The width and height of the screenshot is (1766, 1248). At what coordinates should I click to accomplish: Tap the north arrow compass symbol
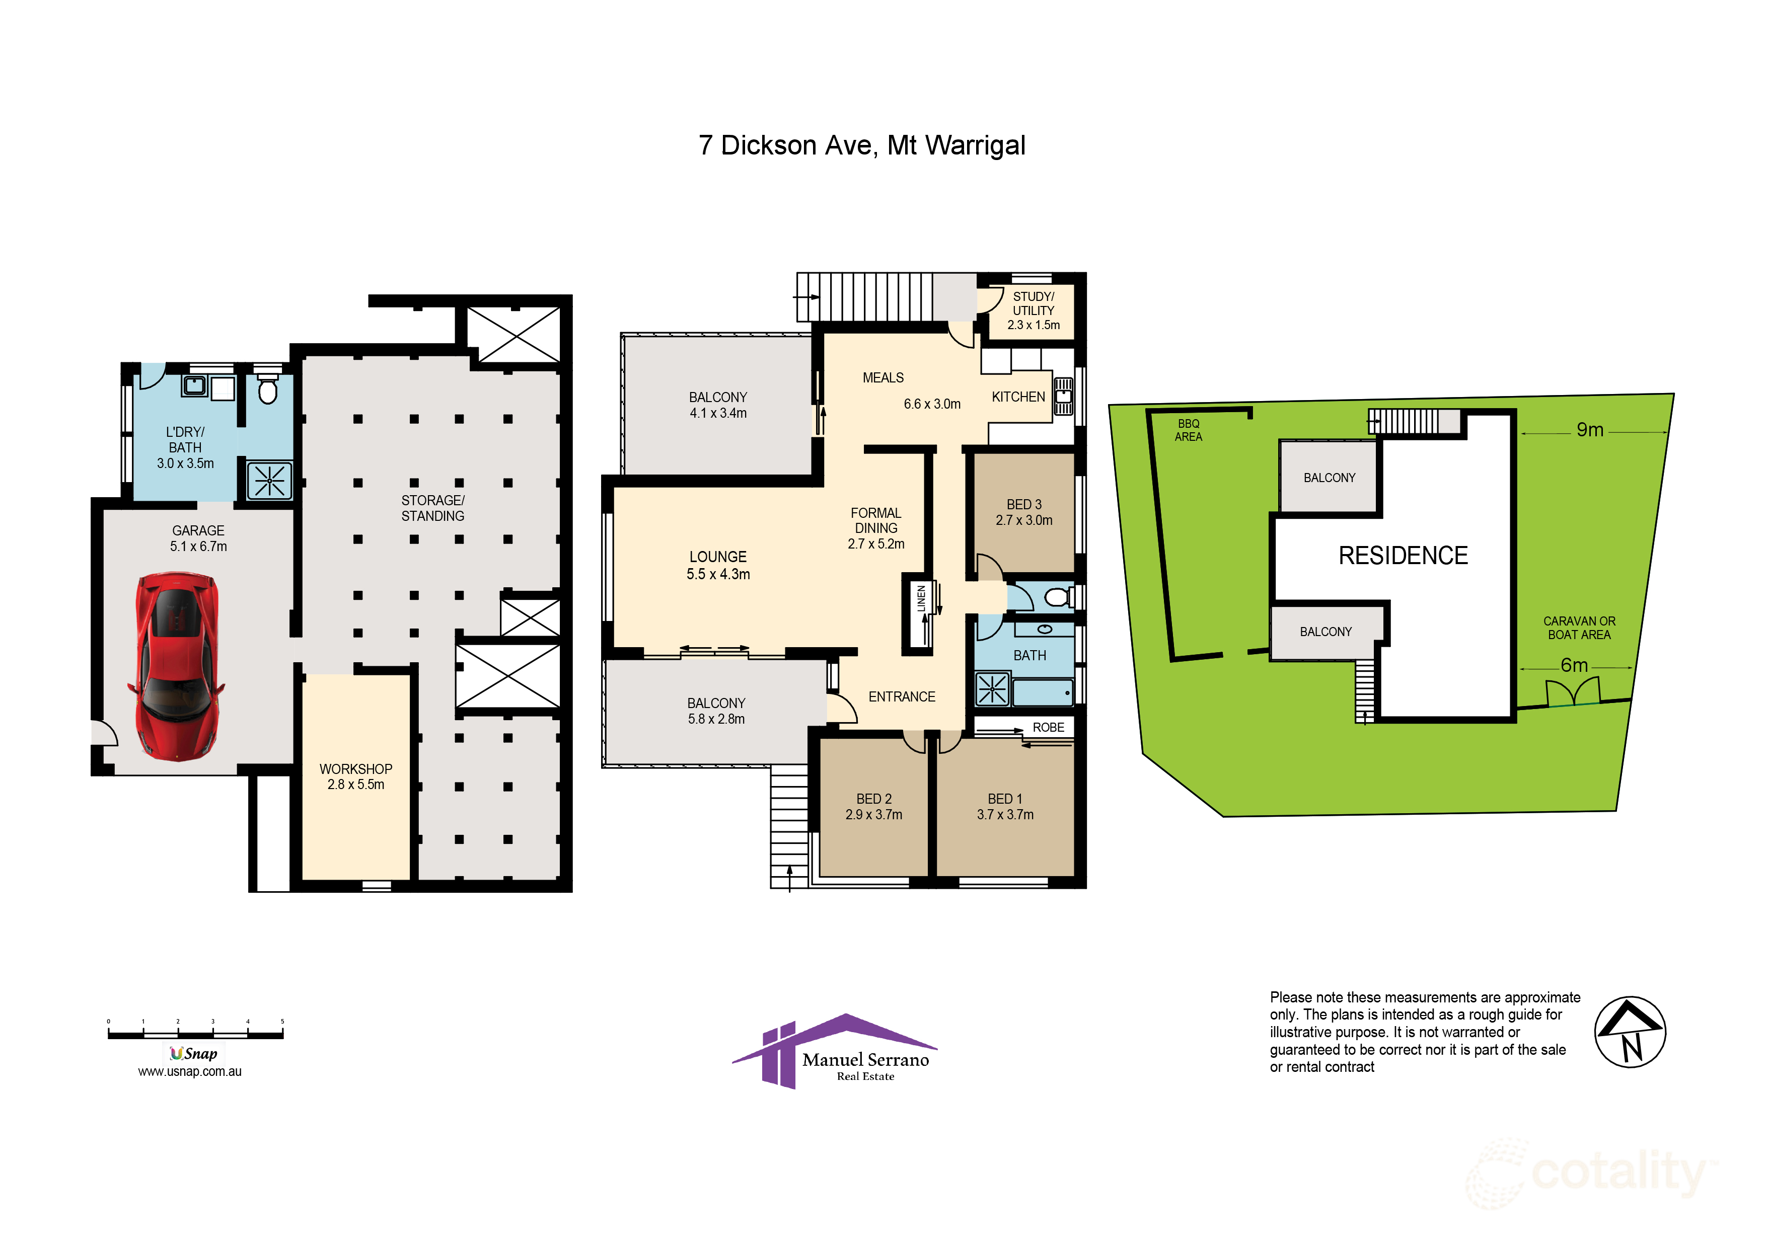pyautogui.click(x=1630, y=1033)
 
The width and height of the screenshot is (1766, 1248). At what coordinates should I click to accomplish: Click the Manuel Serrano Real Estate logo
pyautogui.click(x=835, y=1051)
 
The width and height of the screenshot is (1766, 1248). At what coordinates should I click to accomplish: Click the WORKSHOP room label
pyautogui.click(x=356, y=769)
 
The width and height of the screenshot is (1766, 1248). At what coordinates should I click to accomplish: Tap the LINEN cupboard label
pyautogui.click(x=921, y=599)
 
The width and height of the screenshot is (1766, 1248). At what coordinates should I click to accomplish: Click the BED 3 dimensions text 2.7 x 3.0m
pyautogui.click(x=1024, y=520)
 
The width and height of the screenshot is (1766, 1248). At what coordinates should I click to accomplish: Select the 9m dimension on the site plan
pyautogui.click(x=1589, y=430)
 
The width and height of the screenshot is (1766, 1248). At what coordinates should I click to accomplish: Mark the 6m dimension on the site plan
pyautogui.click(x=1574, y=665)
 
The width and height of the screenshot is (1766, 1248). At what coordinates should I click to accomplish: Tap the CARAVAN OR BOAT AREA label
pyautogui.click(x=1579, y=628)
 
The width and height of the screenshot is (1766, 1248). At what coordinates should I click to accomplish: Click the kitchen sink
pyautogui.click(x=1063, y=396)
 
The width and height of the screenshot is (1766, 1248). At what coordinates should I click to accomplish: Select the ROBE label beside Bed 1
pyautogui.click(x=1048, y=728)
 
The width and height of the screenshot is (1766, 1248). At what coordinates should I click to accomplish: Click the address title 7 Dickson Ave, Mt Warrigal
pyautogui.click(x=861, y=145)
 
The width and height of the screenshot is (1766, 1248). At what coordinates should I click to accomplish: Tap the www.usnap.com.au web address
pyautogui.click(x=190, y=1071)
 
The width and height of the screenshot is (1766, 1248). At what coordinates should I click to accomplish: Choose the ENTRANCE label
pyautogui.click(x=902, y=696)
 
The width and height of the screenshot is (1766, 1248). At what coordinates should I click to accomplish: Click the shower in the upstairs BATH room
pyautogui.click(x=992, y=688)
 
